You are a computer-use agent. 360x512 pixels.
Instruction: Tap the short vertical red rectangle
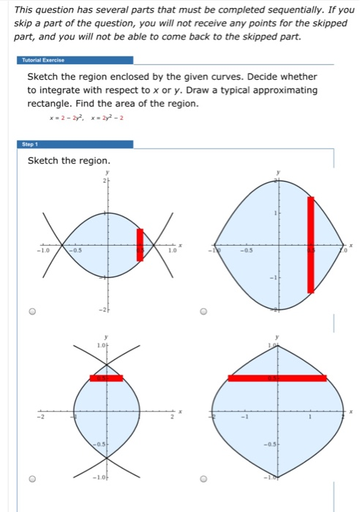point(140,244)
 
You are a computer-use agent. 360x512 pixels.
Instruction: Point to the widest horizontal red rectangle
point(277,378)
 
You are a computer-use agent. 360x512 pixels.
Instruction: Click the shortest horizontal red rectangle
point(107,378)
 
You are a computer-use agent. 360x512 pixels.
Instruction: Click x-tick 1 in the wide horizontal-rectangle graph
point(310,418)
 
